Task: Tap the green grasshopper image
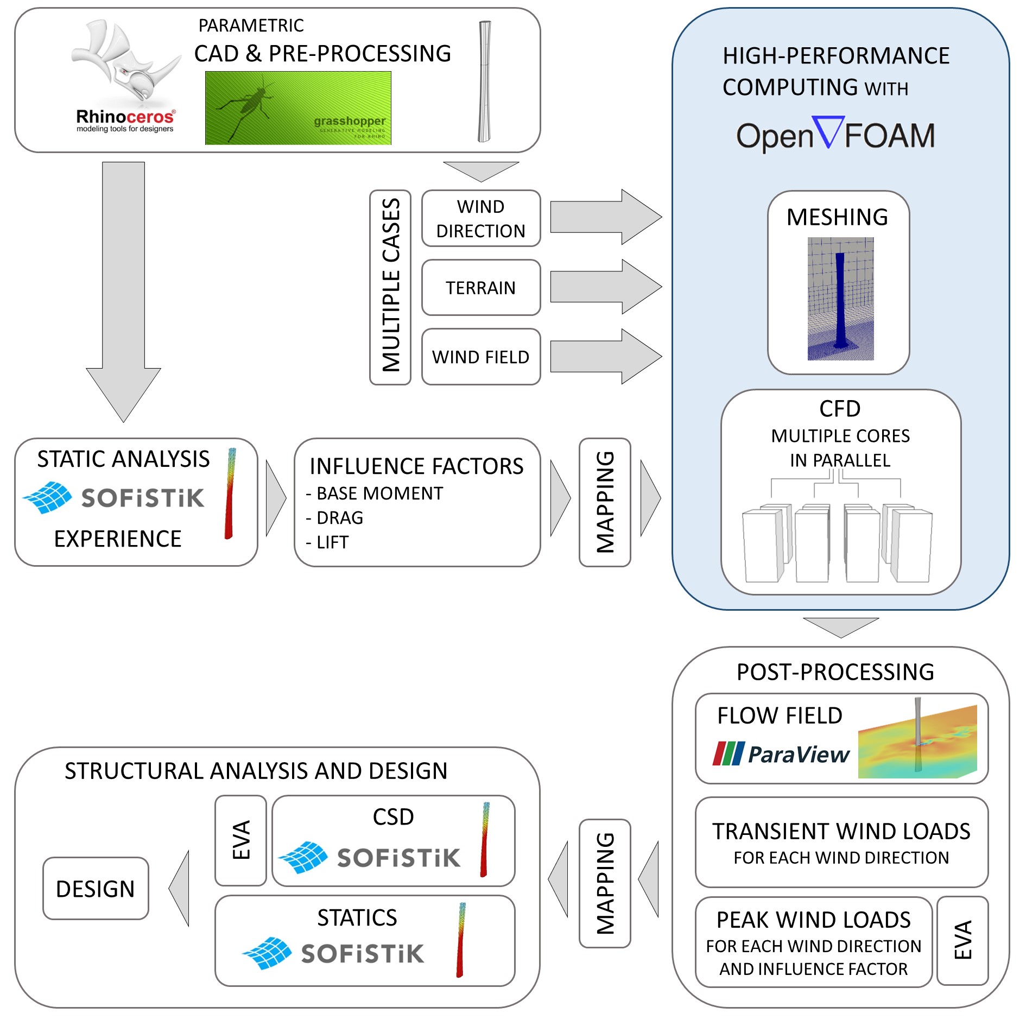click(x=297, y=108)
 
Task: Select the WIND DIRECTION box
click(x=480, y=218)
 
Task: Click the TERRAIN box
click(x=480, y=288)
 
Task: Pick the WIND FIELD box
click(x=480, y=357)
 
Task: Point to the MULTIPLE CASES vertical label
click(x=390, y=287)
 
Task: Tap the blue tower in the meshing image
click(x=840, y=299)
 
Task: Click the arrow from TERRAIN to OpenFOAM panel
click(x=605, y=287)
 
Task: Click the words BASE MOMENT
click(x=379, y=493)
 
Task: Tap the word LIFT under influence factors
click(x=332, y=542)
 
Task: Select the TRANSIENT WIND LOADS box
click(x=841, y=842)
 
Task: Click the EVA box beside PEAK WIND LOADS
click(x=962, y=940)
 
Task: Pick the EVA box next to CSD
click(x=240, y=840)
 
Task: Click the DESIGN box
click(x=96, y=889)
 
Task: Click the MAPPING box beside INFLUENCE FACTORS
click(x=605, y=502)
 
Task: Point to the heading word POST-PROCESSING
click(x=835, y=672)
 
